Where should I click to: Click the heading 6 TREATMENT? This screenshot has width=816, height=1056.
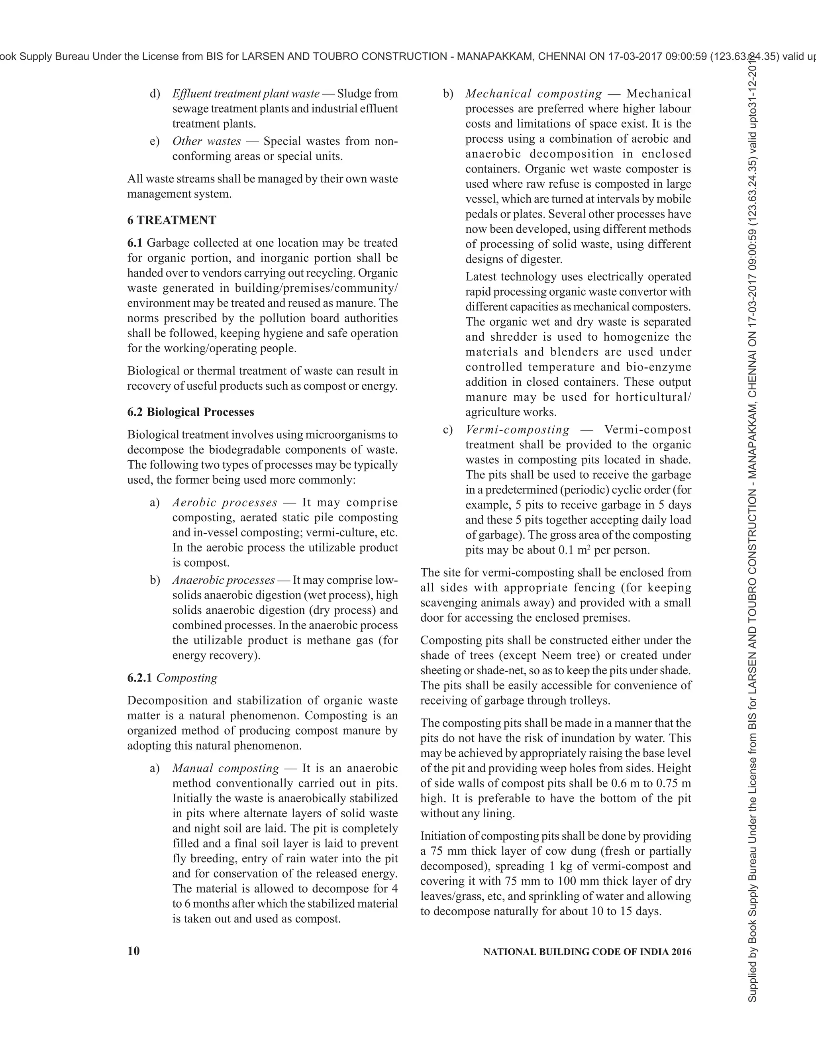[172, 220]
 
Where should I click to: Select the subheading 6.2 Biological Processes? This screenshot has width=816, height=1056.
[190, 412]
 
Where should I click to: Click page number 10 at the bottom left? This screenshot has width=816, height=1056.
[133, 951]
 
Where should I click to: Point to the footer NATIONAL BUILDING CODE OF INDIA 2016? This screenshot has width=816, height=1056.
[587, 952]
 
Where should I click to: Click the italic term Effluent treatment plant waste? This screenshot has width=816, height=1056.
[245, 94]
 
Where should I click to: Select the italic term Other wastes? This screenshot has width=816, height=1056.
[206, 141]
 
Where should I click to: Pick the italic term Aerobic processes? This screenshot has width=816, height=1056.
[225, 502]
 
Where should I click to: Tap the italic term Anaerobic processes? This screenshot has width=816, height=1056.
[224, 580]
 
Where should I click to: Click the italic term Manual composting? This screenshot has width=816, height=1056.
[226, 768]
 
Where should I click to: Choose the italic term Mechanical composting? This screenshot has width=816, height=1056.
[534, 94]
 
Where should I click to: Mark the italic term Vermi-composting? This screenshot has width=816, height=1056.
[517, 430]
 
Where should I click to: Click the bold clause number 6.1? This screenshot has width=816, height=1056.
[135, 243]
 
